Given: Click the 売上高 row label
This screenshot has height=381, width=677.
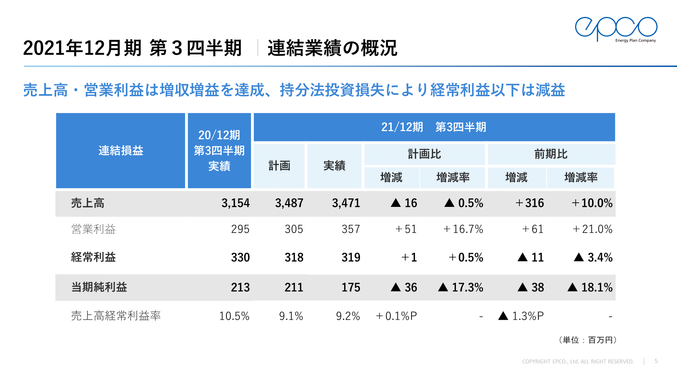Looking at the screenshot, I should [x=88, y=203].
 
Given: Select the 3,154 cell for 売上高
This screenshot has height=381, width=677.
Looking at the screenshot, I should [x=235, y=203].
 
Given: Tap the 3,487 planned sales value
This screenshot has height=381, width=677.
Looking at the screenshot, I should [x=289, y=203].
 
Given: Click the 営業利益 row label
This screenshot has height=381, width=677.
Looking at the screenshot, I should [x=93, y=229].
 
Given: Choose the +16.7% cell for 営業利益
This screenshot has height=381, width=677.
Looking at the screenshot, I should [x=463, y=229].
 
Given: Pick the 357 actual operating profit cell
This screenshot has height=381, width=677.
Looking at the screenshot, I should [x=350, y=229].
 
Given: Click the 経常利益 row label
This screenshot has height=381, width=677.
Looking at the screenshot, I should [x=93, y=257].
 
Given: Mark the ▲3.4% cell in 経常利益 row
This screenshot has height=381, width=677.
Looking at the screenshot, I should [x=593, y=257].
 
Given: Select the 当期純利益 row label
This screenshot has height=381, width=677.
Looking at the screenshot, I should [x=99, y=287].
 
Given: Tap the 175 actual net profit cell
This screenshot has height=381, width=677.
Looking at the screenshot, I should [x=350, y=287].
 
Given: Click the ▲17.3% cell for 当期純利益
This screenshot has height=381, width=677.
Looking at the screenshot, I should [x=461, y=287].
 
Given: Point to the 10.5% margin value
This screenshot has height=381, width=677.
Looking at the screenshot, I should [x=234, y=316].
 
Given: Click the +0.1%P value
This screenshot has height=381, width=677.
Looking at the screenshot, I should [x=396, y=316].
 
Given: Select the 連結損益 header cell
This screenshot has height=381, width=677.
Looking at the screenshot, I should [x=121, y=151].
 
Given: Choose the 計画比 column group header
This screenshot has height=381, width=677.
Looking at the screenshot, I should [x=424, y=154].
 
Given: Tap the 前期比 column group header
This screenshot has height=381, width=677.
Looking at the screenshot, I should [x=551, y=154].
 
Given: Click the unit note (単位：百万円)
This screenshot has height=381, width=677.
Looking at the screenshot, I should [x=587, y=340].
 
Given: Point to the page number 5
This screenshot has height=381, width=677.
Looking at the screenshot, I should [x=656, y=361].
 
